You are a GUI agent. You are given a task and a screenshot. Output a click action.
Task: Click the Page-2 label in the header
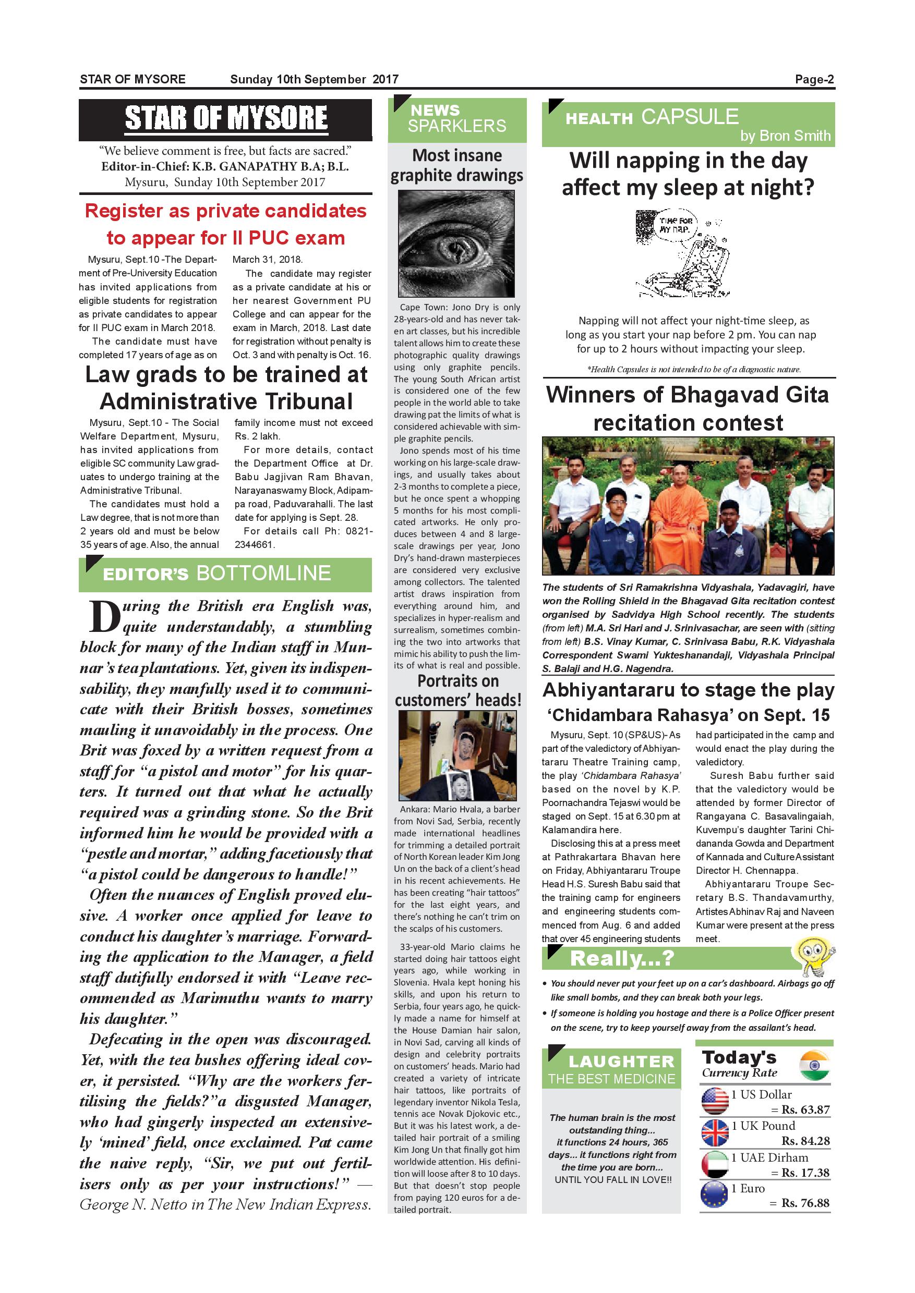pyautogui.click(x=814, y=79)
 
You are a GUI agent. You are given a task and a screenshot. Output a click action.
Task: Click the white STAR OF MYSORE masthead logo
pyautogui.click(x=225, y=118)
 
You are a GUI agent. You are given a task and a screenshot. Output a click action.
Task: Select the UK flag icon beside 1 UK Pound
pyautogui.click(x=715, y=1132)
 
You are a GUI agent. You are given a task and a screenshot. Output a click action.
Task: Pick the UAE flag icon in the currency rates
pyautogui.click(x=715, y=1165)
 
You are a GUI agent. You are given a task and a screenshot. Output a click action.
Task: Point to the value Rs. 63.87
pyautogui.click(x=805, y=1110)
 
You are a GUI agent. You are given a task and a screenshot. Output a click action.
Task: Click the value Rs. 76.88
pyautogui.click(x=805, y=1203)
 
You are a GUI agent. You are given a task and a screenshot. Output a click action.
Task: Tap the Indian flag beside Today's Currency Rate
pyautogui.click(x=815, y=1065)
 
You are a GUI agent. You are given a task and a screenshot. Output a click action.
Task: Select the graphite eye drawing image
pyautogui.click(x=456, y=243)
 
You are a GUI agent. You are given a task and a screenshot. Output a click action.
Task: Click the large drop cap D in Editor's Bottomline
pyautogui.click(x=104, y=617)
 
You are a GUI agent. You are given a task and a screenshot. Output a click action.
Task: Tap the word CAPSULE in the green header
pyautogui.click(x=690, y=117)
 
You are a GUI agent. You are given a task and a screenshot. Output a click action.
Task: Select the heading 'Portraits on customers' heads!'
pyautogui.click(x=457, y=690)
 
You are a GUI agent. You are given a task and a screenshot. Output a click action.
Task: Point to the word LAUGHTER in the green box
pyautogui.click(x=621, y=1062)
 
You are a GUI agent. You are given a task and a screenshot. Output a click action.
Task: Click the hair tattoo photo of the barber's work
pyautogui.click(x=457, y=755)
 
